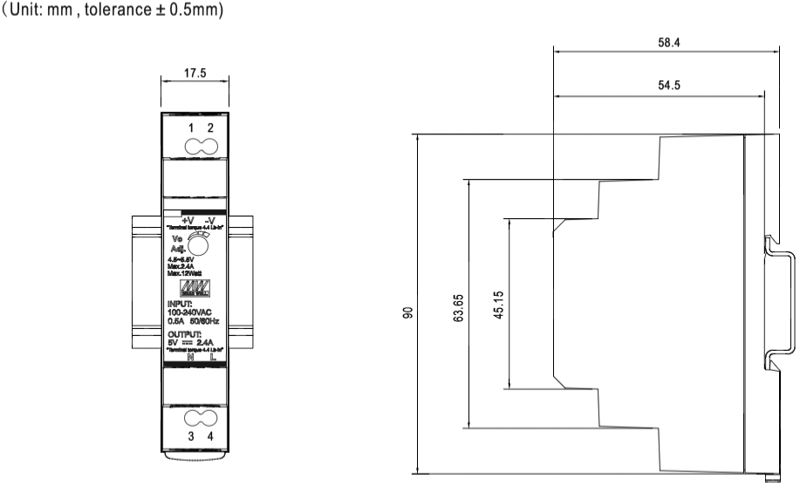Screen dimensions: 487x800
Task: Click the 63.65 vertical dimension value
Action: [459, 306]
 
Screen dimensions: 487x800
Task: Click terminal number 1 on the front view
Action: [191, 128]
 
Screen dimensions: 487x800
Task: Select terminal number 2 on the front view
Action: [210, 128]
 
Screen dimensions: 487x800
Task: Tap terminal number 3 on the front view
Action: [191, 435]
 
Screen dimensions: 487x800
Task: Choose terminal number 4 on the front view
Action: [210, 435]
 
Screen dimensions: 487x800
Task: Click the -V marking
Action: [210, 220]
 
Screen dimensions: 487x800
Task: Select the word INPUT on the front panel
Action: [181, 304]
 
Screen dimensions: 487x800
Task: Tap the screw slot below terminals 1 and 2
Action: [201, 145]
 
